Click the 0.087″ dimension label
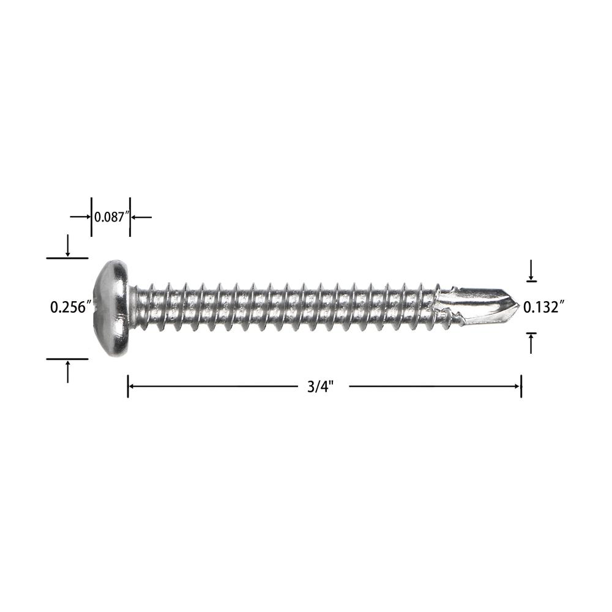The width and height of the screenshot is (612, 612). [111, 217]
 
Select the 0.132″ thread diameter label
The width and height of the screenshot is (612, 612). [543, 307]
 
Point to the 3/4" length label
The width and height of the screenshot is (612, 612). [321, 387]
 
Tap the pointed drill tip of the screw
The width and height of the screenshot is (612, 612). [518, 305]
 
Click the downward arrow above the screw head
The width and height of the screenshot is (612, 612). [68, 245]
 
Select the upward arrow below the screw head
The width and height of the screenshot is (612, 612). [68, 371]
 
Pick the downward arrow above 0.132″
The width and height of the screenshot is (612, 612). [531, 270]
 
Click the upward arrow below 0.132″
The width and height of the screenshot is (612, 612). [531, 343]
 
